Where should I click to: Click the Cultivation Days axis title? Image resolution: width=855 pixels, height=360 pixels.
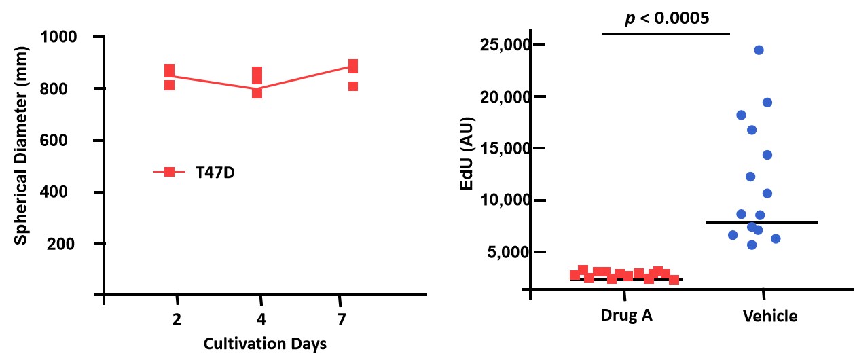tap(265, 344)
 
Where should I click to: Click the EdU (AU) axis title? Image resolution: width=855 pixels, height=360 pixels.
tap(468, 154)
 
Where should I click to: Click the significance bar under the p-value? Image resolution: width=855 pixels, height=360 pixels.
tap(666, 33)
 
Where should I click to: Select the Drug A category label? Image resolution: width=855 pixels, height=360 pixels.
tap(626, 316)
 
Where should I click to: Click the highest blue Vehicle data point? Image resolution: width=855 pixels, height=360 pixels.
tap(759, 50)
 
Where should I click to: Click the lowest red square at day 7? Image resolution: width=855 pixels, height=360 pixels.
tap(353, 86)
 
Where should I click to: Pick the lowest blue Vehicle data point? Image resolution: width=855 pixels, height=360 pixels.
tap(752, 245)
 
